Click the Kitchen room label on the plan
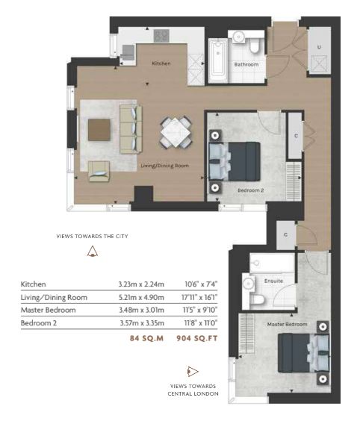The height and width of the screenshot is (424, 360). [161, 63]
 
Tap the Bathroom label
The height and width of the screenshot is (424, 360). [246, 64]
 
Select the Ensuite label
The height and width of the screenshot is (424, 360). [273, 281]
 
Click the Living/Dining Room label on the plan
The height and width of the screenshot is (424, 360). [165, 166]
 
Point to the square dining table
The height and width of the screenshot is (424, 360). [176, 133]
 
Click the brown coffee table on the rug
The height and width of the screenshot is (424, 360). [99, 130]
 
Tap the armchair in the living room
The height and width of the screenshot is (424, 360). [99, 171]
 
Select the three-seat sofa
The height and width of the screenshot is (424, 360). [131, 129]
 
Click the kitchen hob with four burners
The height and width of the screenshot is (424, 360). [161, 36]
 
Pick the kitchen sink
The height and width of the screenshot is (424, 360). [128, 52]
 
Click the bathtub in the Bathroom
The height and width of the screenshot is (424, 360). [218, 60]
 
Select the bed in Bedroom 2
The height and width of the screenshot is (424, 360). [235, 161]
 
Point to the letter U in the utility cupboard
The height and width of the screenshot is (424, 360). [319, 47]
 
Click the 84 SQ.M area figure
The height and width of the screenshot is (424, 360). [146, 338]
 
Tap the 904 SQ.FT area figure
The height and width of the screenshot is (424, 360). [197, 338]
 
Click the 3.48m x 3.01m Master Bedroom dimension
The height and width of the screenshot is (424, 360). [141, 310]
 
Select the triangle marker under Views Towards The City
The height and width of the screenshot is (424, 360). [93, 252]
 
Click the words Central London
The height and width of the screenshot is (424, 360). [193, 393]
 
